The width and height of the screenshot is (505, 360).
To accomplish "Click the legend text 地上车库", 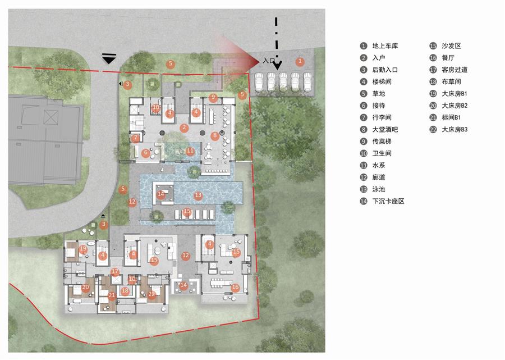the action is point(385,45).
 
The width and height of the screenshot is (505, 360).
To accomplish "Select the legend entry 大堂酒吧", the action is point(385,130).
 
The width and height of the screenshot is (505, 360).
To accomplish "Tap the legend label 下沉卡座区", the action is point(388,201).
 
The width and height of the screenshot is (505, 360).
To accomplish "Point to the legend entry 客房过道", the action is point(454,70).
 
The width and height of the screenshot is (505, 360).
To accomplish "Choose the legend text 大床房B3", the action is point(454,130).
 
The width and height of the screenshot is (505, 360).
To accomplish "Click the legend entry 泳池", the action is point(379,189).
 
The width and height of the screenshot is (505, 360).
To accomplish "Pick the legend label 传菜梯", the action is point(382,142).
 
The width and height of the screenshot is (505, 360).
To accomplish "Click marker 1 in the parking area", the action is point(300,61).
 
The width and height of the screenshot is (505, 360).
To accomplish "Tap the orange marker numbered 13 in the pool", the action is point(198,195).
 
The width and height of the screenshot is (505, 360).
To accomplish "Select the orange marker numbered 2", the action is point(184,127).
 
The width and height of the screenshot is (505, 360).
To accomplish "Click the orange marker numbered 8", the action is point(215,136).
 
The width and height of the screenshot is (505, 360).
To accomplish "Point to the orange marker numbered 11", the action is point(190,151).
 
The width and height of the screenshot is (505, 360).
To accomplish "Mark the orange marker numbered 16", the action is point(236,288).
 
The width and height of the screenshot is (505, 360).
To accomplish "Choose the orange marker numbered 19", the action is point(83,249).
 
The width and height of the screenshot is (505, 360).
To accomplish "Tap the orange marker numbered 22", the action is point(151,294).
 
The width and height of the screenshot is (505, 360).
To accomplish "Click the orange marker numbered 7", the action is point(136,138).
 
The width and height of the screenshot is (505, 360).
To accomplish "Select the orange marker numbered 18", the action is point(125,291).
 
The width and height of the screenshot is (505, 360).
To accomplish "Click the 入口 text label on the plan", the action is point(269,61).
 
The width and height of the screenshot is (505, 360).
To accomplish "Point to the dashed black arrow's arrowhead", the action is point(277,66).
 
